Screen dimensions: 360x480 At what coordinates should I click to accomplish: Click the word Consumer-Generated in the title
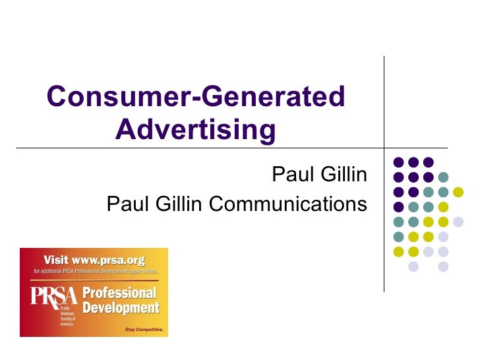pyautogui.click(x=196, y=98)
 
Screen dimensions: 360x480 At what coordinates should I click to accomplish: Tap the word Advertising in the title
pyautogui.click(x=195, y=131)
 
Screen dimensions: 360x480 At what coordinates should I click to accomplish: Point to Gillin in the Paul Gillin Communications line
pyautogui.click(x=181, y=204)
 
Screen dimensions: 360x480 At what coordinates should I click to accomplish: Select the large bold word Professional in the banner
pyautogui.click(x=119, y=293)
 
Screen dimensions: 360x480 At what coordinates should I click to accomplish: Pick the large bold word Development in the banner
pyautogui.click(x=121, y=308)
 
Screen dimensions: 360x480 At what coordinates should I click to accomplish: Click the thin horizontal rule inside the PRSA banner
pyautogui.click(x=94, y=277)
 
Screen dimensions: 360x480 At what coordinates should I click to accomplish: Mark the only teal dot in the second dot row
pyautogui.click(x=444, y=177)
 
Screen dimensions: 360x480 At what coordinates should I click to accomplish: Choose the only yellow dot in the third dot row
pyautogui.click(x=458, y=192)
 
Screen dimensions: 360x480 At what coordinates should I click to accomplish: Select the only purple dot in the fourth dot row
pyautogui.click(x=398, y=207)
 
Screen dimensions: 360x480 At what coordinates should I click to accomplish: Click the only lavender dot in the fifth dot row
pyautogui.click(x=458, y=222)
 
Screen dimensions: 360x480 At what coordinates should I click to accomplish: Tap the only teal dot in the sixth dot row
pyautogui.click(x=398, y=237)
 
